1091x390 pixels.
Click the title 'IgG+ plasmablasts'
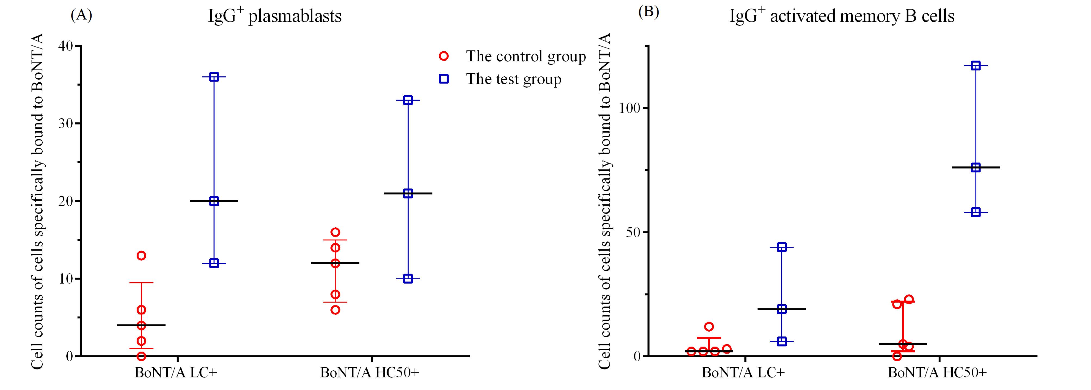click(x=274, y=16)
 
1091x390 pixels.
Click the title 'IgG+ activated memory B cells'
click(x=842, y=16)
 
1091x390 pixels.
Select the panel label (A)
click(x=81, y=15)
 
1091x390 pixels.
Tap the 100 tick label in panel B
click(x=629, y=108)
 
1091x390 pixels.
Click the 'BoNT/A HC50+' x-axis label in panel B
click(x=937, y=373)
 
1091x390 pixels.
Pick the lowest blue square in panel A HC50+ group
click(x=408, y=278)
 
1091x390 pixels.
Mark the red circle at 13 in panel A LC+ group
click(x=142, y=256)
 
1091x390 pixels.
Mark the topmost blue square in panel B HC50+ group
click(x=975, y=66)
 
